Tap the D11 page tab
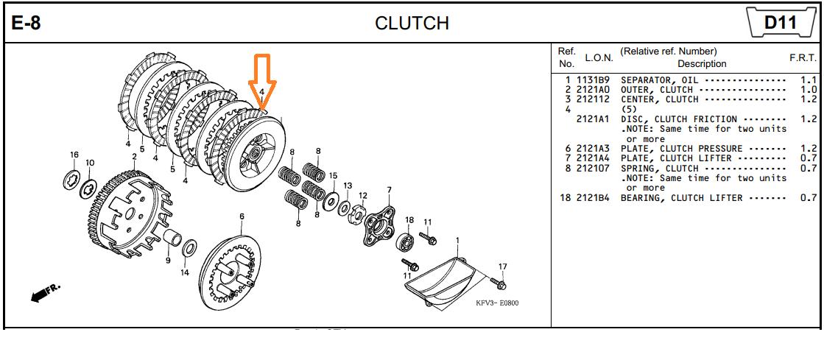[780, 23]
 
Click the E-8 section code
[26, 23]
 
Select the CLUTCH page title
[412, 23]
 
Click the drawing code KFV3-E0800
[496, 303]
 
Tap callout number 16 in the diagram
[74, 155]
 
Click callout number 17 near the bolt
[502, 267]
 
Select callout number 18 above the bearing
[409, 219]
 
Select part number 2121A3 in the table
[593, 149]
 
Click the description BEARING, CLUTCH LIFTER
[682, 198]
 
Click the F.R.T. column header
[803, 58]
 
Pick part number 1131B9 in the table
[593, 80]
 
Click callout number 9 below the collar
[168, 260]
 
